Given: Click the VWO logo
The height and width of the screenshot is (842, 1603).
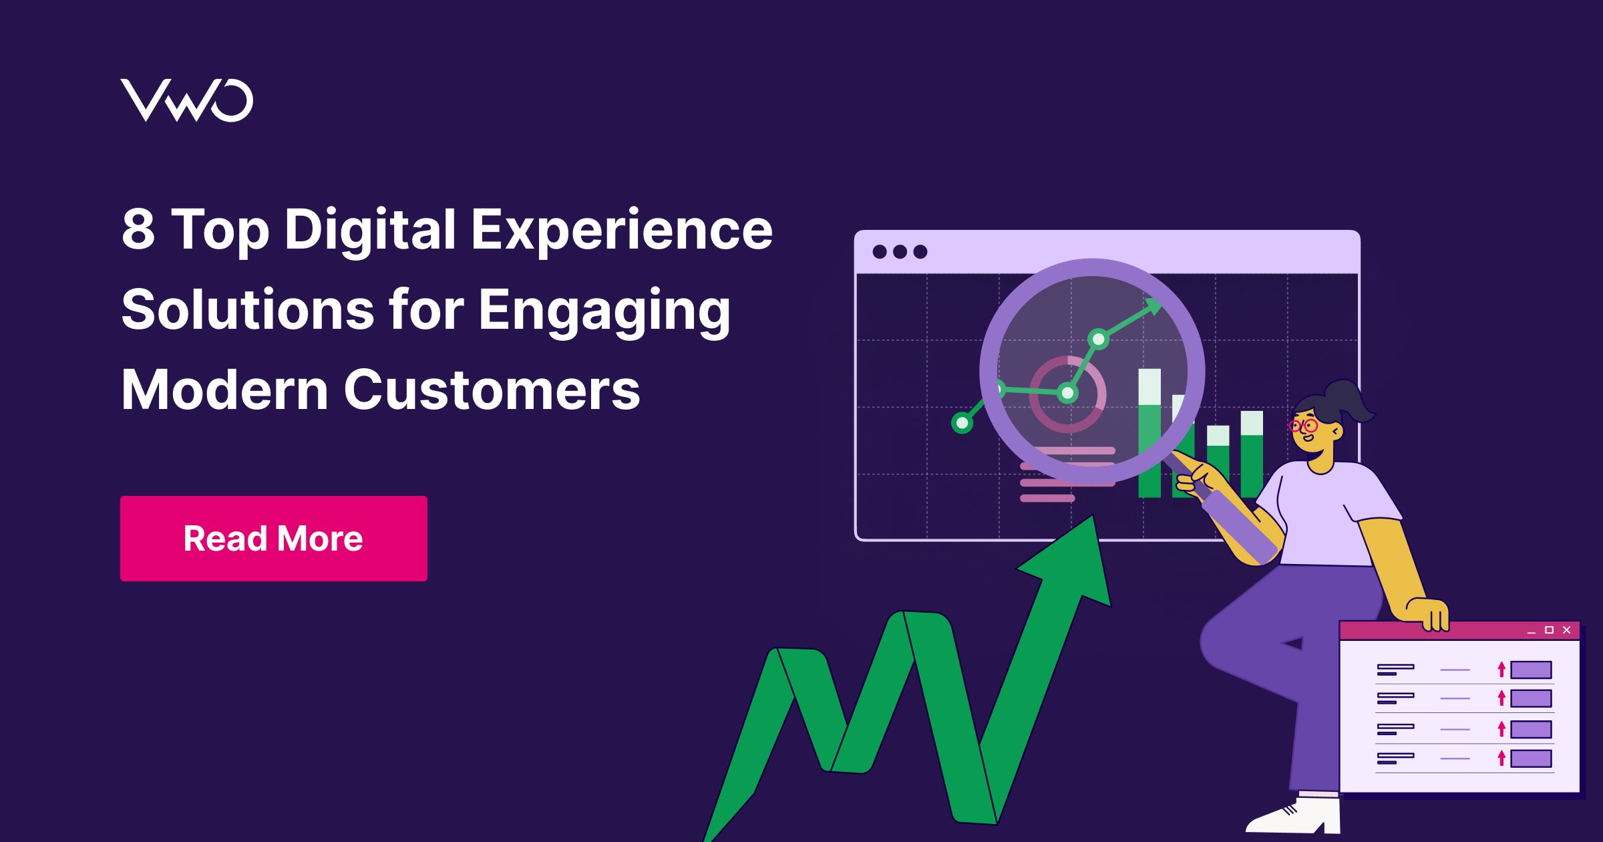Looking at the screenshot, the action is [187, 100].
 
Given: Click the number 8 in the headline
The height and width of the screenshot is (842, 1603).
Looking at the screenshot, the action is [138, 229].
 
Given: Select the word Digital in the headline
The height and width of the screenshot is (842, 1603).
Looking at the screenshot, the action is [370, 231].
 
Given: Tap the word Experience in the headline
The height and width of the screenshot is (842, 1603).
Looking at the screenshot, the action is [622, 231].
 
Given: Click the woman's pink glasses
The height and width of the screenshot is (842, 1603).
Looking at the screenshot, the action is [1303, 426].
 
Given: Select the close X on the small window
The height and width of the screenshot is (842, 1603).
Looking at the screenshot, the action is [1566, 630].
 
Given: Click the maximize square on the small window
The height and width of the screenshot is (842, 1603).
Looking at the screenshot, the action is [1549, 630].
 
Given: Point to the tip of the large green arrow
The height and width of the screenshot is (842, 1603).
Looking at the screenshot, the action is [1093, 515].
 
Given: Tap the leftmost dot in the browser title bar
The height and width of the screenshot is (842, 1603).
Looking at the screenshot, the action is [880, 252].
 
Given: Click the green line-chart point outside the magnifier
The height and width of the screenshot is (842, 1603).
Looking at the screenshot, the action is [962, 422].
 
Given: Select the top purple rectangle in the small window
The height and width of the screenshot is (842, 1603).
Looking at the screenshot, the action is [1531, 670].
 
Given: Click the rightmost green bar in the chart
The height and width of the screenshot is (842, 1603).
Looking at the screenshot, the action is [1252, 454].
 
